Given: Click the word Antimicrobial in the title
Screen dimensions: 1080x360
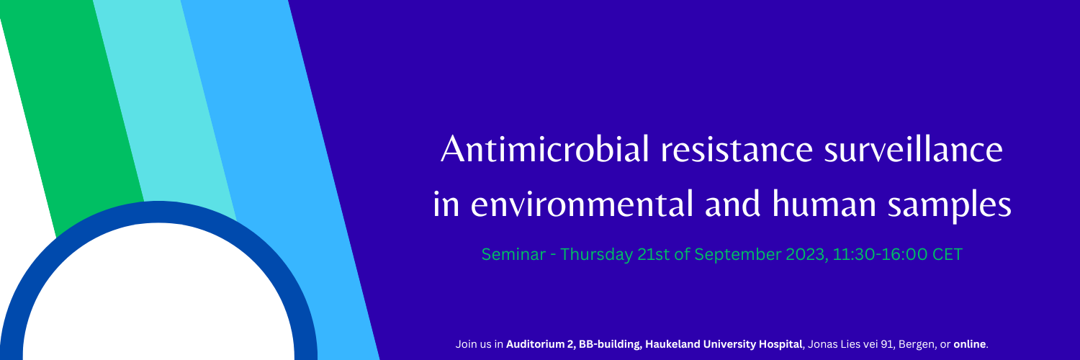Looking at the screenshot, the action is click(545, 149).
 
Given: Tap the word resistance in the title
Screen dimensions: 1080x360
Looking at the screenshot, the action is click(737, 149).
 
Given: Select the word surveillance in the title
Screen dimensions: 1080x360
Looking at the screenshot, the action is click(913, 149).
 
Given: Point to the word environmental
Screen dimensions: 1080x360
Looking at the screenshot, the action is click(582, 204).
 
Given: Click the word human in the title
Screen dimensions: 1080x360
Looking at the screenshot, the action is click(824, 204).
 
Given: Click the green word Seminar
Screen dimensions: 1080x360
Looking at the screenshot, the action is click(513, 254).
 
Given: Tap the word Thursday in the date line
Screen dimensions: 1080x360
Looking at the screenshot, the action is click(597, 254).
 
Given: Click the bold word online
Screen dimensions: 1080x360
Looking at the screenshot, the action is click(970, 344).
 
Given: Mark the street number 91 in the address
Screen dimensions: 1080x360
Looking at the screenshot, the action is click(887, 344).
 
